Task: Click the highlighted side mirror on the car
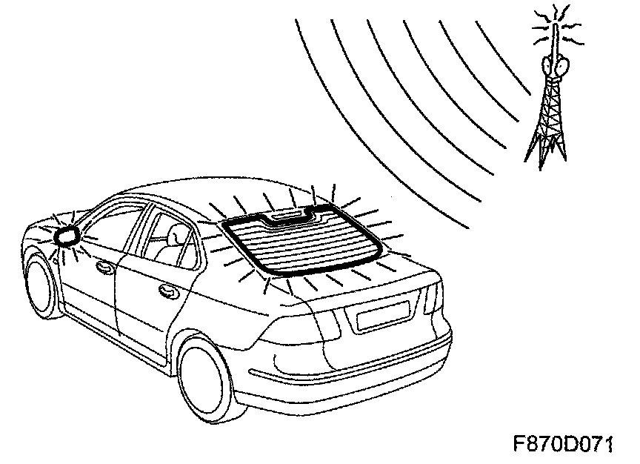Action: tap(67, 235)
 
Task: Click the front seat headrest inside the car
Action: tap(177, 236)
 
